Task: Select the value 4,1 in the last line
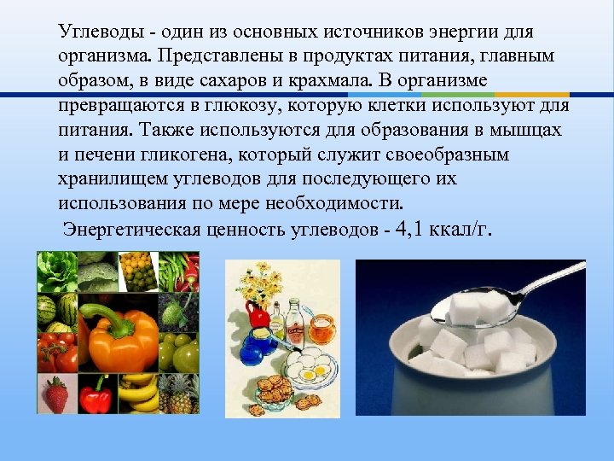(x=414, y=230)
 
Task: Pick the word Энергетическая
(x=132, y=231)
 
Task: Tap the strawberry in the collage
(x=56, y=394)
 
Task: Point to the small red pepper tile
(x=96, y=394)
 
